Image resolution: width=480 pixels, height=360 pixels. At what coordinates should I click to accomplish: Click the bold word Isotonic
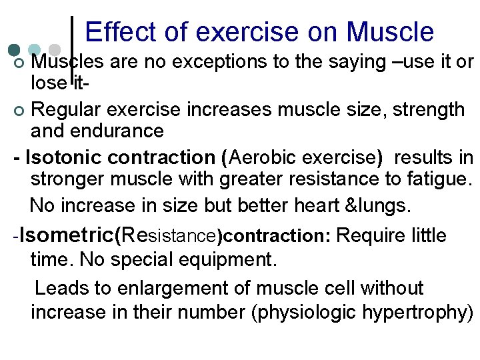[x=70, y=158]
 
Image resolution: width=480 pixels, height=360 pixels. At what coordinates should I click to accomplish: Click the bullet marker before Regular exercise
[x=19, y=109]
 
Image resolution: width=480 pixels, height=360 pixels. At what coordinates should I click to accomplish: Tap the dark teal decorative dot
[x=14, y=50]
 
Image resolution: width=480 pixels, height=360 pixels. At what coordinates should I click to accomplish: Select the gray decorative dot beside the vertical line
[x=55, y=50]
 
